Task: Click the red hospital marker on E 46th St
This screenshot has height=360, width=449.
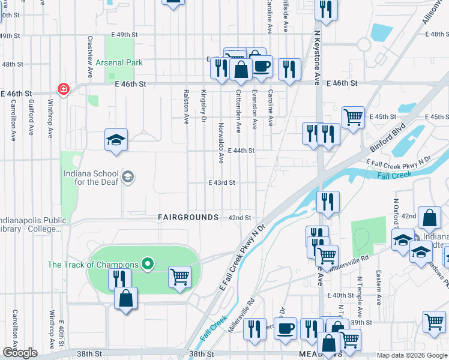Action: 63,89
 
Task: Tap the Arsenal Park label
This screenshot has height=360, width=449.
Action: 118,62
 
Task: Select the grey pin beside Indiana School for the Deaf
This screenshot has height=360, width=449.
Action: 127,176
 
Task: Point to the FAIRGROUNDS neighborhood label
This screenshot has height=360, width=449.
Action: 188,217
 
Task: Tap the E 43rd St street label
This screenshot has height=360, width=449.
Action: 221,182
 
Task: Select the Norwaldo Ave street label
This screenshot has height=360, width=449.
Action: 221,143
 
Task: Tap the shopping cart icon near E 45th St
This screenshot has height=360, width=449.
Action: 353,116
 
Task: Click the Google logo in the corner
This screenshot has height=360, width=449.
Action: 20,353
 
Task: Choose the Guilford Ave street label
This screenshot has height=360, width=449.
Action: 30,121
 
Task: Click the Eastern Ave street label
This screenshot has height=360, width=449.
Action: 379,289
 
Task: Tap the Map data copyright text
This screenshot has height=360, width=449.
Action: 411,355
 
